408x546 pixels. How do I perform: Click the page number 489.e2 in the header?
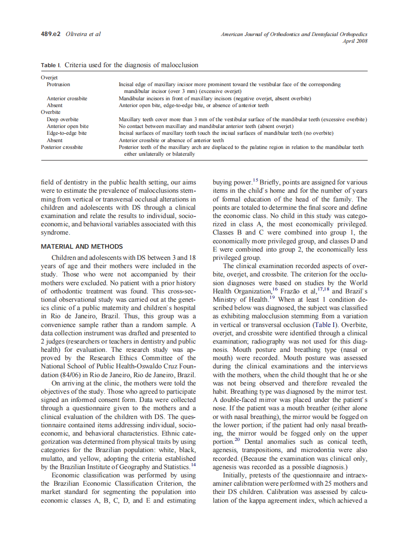click(51, 35)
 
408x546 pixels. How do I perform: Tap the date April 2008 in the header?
click(355, 41)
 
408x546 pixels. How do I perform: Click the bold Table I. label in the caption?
click(51, 65)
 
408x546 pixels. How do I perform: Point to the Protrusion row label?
click(58, 84)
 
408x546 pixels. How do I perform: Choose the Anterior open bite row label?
click(67, 126)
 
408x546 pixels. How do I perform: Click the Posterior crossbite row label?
click(62, 146)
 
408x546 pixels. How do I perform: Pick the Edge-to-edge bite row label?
click(67, 132)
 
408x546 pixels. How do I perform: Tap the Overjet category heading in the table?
click(49, 77)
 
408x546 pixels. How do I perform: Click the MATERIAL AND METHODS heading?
click(82, 246)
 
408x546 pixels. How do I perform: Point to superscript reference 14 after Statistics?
click(193, 464)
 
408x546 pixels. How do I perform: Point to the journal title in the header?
click(294, 35)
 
